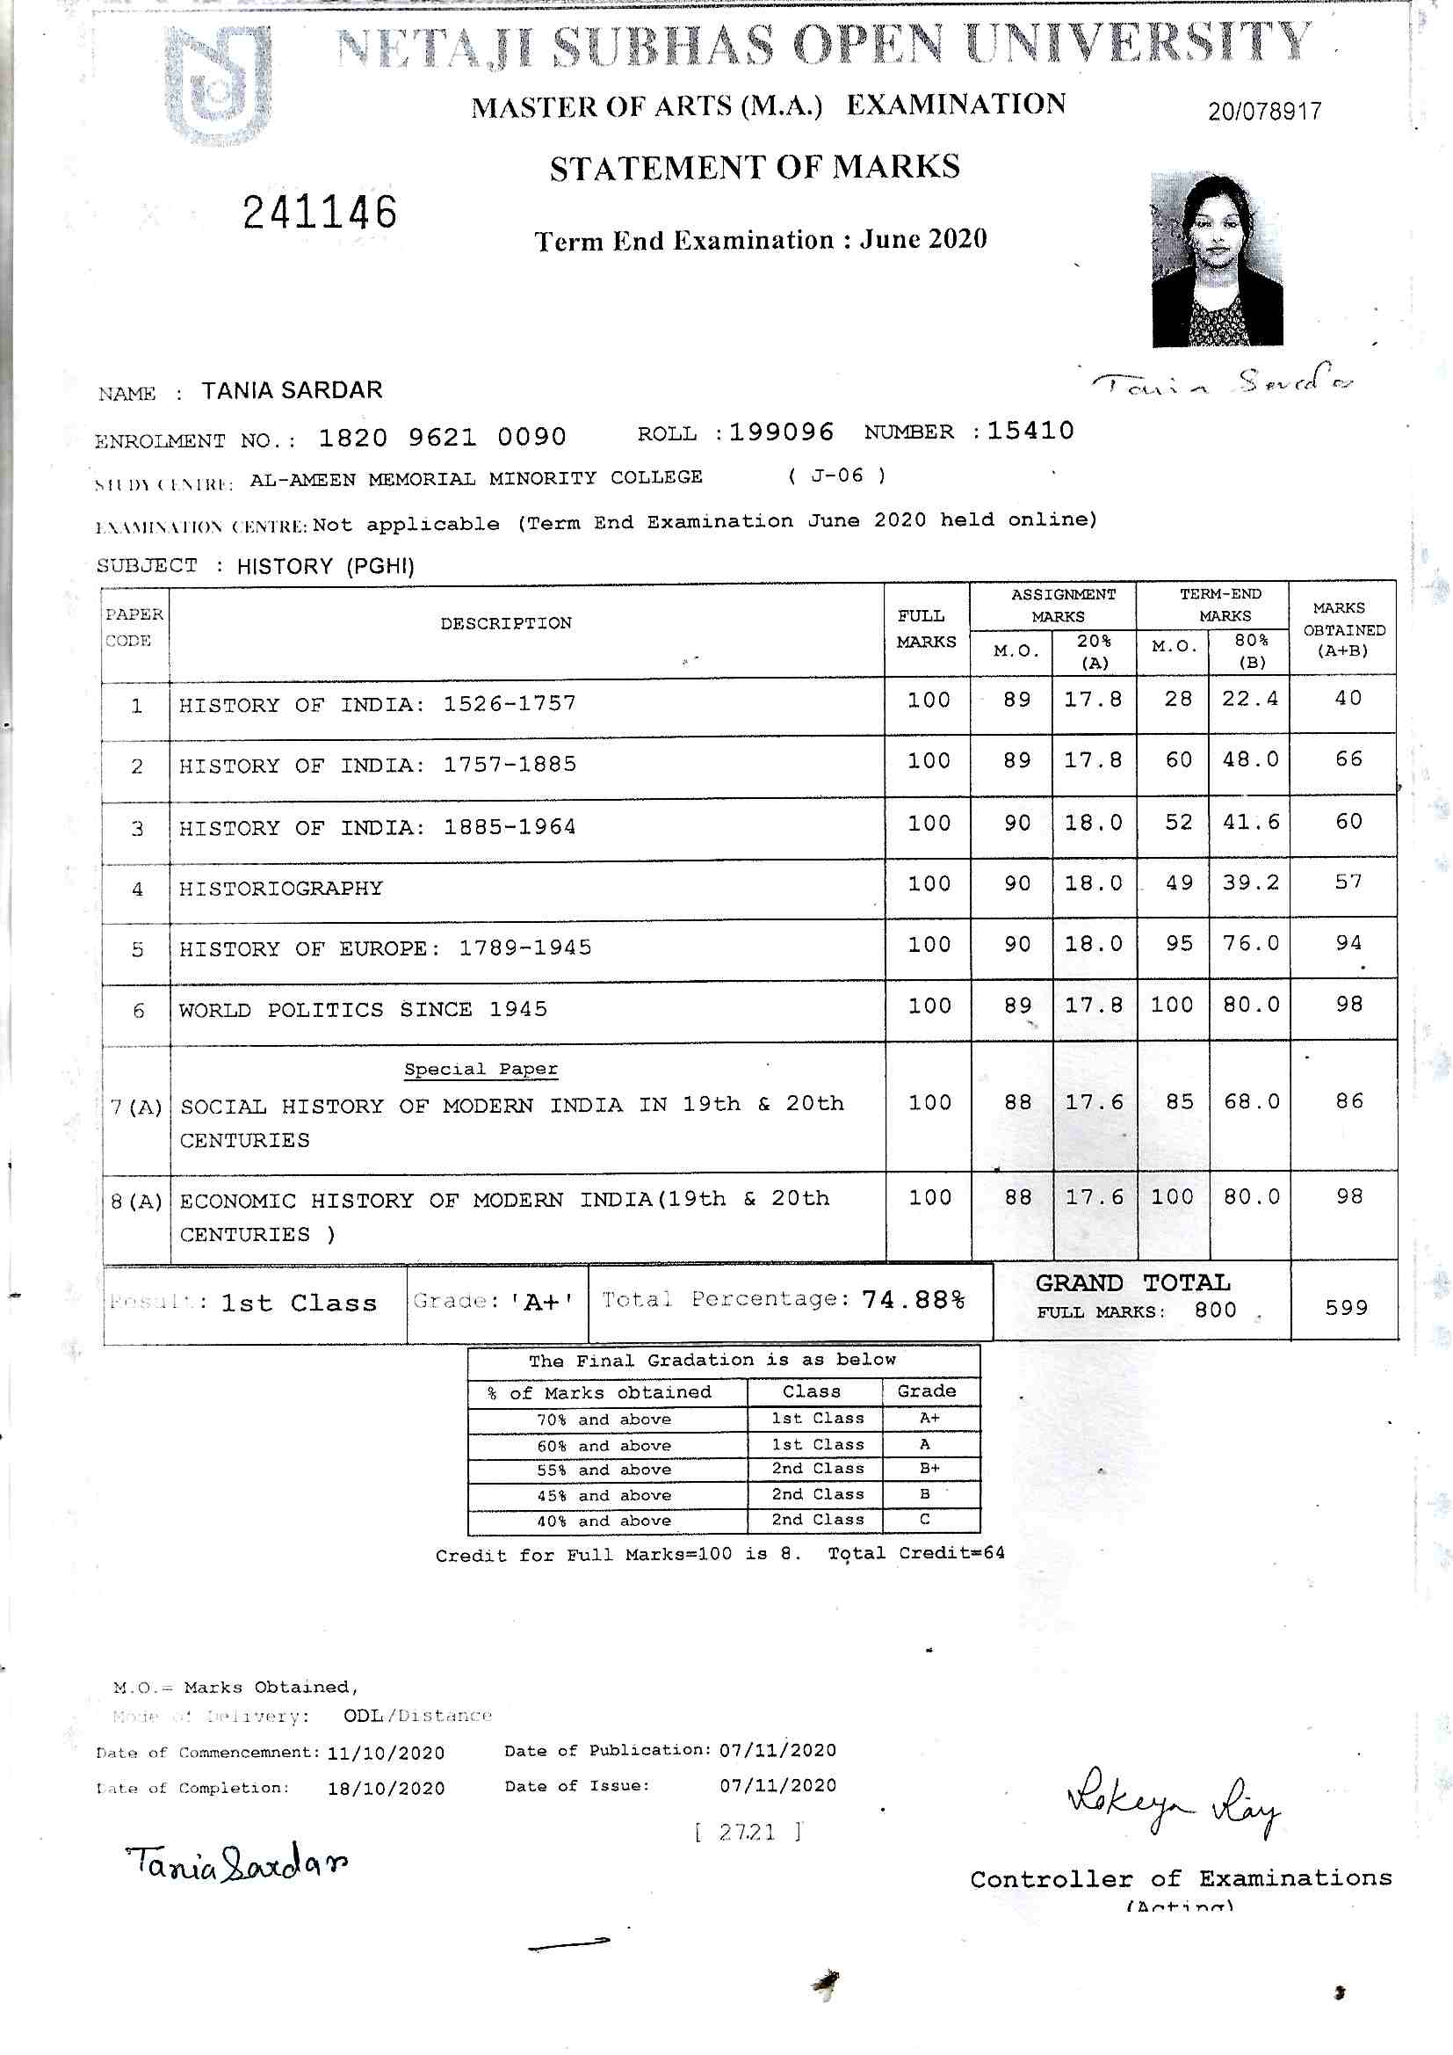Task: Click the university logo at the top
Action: click(x=220, y=85)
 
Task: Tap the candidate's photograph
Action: click(x=1217, y=259)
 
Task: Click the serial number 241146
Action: click(x=320, y=213)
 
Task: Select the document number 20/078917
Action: click(x=1264, y=112)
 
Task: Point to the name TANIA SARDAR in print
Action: click(x=292, y=390)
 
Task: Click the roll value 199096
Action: click(x=781, y=432)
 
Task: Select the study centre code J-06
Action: click(x=836, y=476)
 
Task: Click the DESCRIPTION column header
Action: click(x=505, y=623)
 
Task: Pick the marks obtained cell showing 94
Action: click(x=1348, y=943)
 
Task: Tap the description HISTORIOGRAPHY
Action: click(x=281, y=888)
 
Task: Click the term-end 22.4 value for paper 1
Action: click(x=1250, y=699)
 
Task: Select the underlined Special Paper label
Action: click(x=481, y=1069)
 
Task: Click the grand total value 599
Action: click(x=1347, y=1308)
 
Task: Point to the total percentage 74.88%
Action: click(x=913, y=1300)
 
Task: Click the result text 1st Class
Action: click(x=299, y=1303)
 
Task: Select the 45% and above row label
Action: click(x=604, y=1495)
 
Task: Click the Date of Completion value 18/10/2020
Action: click(x=386, y=1789)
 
